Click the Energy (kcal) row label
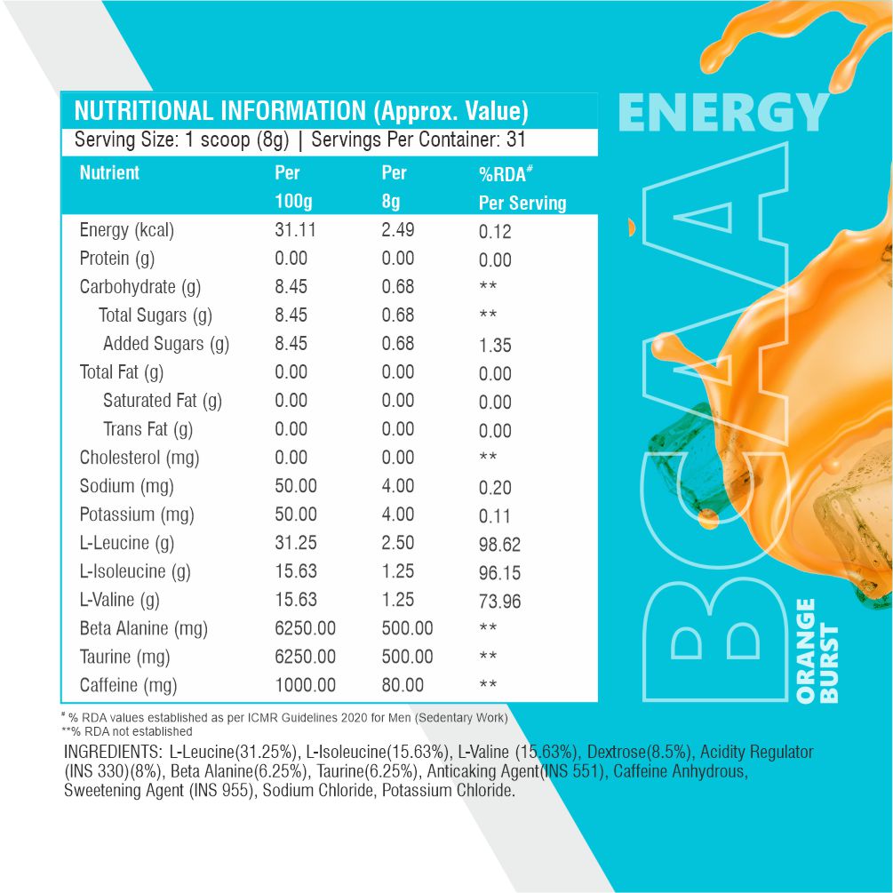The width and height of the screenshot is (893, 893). [126, 231]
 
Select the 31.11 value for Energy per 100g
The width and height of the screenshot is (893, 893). [296, 230]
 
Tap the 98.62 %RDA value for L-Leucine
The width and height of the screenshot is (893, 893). [499, 545]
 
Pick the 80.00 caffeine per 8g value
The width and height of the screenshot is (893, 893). [403, 685]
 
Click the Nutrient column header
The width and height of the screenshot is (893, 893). [109, 173]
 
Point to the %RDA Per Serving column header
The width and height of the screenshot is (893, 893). [522, 188]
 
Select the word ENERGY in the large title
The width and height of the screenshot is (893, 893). [722, 114]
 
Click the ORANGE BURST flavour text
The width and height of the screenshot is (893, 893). [817, 651]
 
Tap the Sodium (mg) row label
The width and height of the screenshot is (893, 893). [126, 487]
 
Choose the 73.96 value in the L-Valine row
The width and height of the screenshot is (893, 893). [499, 602]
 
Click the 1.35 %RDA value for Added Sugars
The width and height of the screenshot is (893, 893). [495, 346]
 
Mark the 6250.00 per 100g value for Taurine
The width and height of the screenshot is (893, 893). [305, 657]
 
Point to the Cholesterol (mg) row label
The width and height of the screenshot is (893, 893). [140, 458]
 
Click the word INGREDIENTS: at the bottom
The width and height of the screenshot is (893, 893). [114, 753]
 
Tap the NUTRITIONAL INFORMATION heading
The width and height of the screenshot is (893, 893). [301, 112]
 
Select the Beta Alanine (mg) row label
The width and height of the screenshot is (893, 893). [143, 629]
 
